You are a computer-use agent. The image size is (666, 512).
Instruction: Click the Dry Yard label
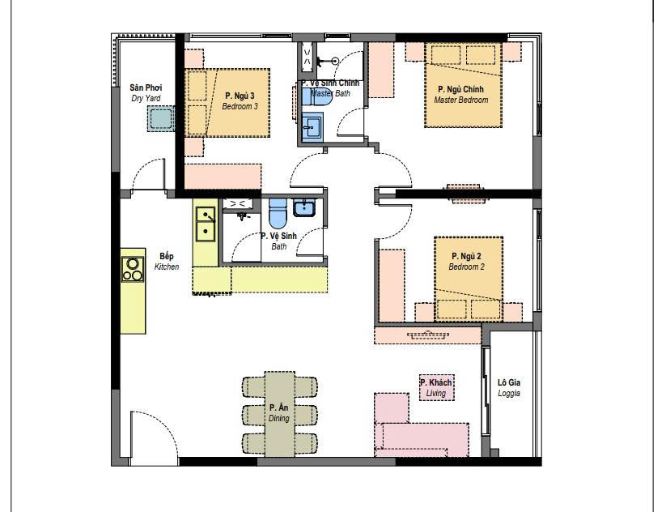pos(146,92)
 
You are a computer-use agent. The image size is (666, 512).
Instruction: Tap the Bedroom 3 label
pos(240,100)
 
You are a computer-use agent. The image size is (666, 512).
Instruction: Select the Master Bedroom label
pos(460,95)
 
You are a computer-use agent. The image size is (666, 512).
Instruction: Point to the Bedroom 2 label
pos(466,262)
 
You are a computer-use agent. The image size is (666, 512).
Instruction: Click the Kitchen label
pos(167,262)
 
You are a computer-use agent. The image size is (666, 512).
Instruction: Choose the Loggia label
pos(509,388)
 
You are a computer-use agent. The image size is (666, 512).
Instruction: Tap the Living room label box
pos(436,387)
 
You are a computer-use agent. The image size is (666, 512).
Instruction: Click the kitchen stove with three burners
pos(133,270)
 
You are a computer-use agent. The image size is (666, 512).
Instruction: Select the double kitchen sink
pos(206,224)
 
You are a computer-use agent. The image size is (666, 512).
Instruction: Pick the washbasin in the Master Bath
pos(312,126)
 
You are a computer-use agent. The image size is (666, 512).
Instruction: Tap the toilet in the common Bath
pos(278,214)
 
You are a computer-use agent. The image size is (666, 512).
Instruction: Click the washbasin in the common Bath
pos(304,208)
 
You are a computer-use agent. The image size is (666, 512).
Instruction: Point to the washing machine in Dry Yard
pos(161,118)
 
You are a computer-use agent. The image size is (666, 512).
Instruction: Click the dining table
pos(279,414)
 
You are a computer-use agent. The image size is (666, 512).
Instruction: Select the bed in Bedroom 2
pos(469,279)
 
